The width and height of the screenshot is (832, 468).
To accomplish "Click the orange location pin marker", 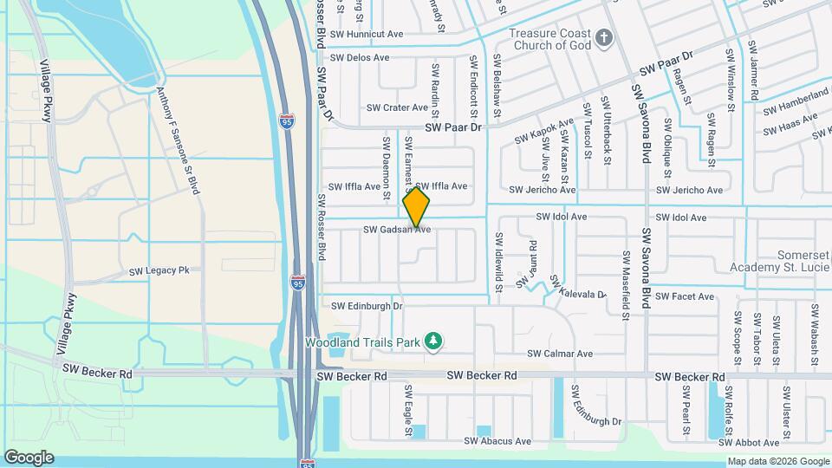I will click(417, 206).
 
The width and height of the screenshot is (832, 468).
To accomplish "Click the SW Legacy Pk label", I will click(159, 271).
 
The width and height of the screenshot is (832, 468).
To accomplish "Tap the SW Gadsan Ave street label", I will click(397, 230).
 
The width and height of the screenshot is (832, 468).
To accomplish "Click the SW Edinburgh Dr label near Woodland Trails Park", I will click(367, 306).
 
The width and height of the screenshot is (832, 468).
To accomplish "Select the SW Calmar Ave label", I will click(560, 354).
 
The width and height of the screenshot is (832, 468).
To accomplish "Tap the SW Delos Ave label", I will click(356, 58).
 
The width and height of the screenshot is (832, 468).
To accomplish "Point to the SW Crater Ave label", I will click(397, 108).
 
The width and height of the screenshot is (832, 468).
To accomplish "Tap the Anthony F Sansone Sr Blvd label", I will click(179, 140).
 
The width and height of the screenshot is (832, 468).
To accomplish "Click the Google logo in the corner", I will click(29, 457).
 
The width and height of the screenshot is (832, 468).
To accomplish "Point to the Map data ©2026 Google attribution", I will click(777, 461).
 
